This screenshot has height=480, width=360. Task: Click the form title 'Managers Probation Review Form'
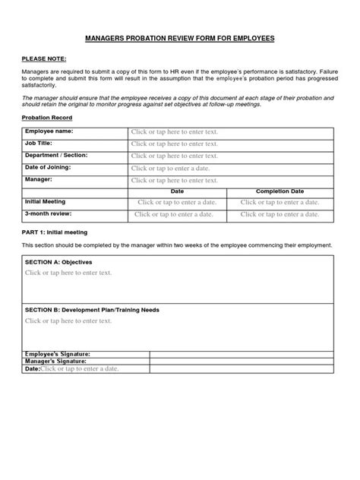pos(179,37)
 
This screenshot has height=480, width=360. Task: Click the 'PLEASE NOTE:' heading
pos(43,58)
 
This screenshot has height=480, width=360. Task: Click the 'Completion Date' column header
pos(280,191)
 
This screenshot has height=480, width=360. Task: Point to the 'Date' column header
pos(177,191)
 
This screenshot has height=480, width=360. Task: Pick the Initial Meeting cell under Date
pos(177,203)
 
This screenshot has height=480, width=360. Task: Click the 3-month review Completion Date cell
pos(280,215)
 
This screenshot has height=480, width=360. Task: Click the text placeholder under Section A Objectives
pos(68,272)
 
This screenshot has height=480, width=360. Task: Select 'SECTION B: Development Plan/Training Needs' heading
pos(92,310)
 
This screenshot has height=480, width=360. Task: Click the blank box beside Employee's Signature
pos(242,354)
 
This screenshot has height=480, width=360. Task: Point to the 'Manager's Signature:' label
pos(58,361)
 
